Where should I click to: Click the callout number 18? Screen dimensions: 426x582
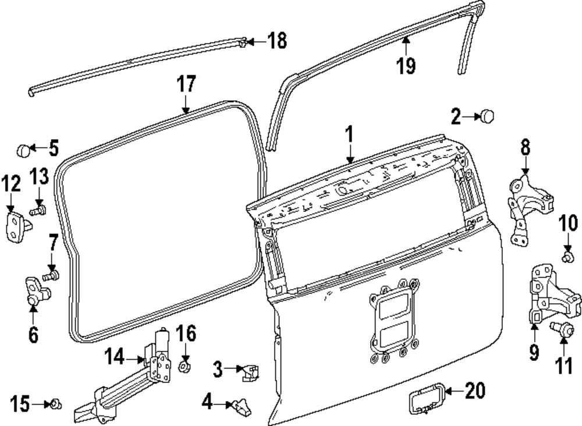(277, 41)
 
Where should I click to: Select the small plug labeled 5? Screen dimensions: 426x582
(23, 150)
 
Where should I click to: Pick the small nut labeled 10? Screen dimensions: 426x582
(567, 254)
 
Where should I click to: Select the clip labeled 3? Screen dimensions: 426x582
(250, 371)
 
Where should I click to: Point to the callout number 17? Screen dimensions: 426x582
(186, 85)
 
